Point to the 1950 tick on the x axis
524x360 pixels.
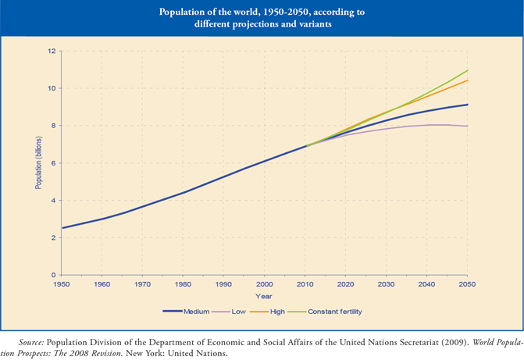pyautogui.click(x=62, y=284)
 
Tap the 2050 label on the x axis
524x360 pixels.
pyautogui.click(x=467, y=284)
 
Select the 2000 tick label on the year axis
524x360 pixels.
pyautogui.click(x=264, y=284)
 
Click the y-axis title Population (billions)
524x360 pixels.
pyautogui.click(x=39, y=162)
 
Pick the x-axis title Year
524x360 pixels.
pyautogui.click(x=264, y=297)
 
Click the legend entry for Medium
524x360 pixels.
pyautogui.click(x=186, y=312)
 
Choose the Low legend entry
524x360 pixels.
pyautogui.click(x=229, y=312)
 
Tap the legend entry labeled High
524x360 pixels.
pyautogui.click(x=266, y=312)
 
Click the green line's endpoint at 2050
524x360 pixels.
pyautogui.click(x=468, y=70)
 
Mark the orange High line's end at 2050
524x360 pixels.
pyautogui.click(x=468, y=80)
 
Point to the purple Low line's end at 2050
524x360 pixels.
pyautogui.click(x=468, y=126)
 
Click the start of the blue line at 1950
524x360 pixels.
pyautogui.click(x=62, y=228)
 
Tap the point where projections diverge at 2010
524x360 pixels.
pyautogui.click(x=306, y=145)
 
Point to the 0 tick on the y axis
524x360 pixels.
pyautogui.click(x=53, y=275)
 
